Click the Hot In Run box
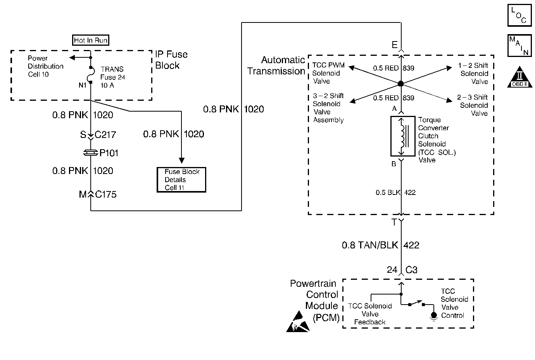[91, 40]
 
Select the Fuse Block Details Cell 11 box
[181, 180]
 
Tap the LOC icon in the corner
[519, 16]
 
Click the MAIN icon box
[519, 46]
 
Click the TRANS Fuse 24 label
[112, 77]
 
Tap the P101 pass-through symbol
[90, 153]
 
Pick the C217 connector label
[105, 135]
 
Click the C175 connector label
[105, 195]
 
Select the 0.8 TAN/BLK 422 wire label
[380, 245]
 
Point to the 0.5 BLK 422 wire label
[395, 193]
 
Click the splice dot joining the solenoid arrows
[401, 84]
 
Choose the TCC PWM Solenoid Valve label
[328, 73]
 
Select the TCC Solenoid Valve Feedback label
[369, 314]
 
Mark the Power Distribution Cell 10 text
[45, 66]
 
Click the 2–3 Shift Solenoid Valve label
[473, 105]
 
